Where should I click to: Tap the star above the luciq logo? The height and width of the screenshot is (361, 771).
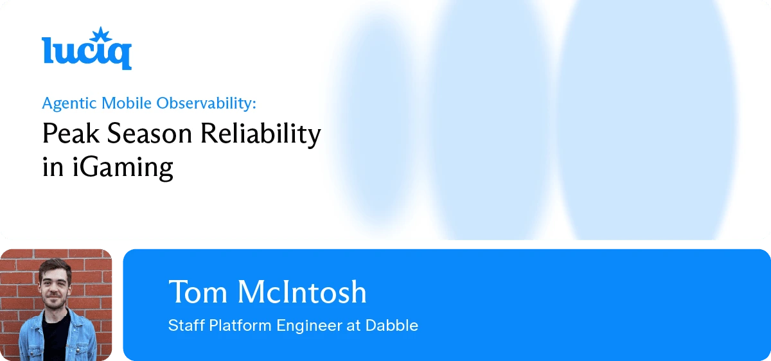99,34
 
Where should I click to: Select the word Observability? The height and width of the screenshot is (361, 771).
215,103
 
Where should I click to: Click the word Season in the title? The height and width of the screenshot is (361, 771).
146,134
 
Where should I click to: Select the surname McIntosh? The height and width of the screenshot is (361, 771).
302,292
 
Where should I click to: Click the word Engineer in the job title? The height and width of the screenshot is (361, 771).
310,326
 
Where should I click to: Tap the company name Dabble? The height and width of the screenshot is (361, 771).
392,326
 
